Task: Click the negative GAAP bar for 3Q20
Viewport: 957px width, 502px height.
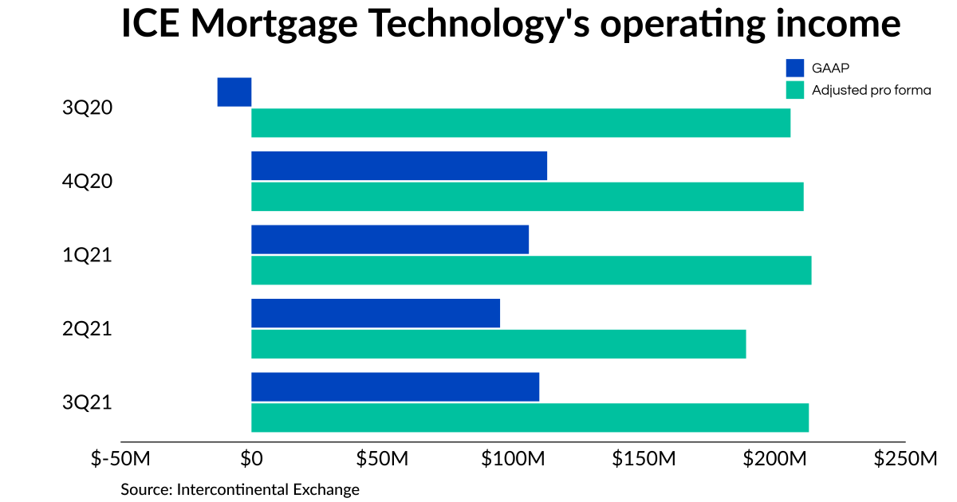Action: (234, 92)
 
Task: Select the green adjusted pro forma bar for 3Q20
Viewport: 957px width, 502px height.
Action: (521, 124)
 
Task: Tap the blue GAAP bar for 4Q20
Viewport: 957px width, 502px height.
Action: (399, 166)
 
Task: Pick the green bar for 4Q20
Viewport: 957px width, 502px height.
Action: (527, 197)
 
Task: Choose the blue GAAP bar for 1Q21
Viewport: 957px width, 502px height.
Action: (390, 240)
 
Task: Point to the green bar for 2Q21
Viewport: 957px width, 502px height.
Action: (498, 344)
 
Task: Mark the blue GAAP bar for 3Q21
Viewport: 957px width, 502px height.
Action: (395, 386)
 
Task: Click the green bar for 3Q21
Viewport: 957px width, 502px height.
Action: (530, 418)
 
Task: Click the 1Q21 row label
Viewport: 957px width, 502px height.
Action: (87, 255)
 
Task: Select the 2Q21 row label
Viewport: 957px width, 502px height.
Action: (87, 328)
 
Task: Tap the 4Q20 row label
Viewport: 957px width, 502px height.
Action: (87, 182)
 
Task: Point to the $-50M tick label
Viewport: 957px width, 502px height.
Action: (120, 460)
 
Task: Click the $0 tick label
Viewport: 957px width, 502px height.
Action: (251, 460)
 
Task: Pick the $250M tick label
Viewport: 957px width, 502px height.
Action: (905, 460)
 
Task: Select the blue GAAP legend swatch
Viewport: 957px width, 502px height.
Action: (794, 68)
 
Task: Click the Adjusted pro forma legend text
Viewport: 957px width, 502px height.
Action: (871, 90)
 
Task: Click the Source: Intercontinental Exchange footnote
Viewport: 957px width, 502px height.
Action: (240, 488)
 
